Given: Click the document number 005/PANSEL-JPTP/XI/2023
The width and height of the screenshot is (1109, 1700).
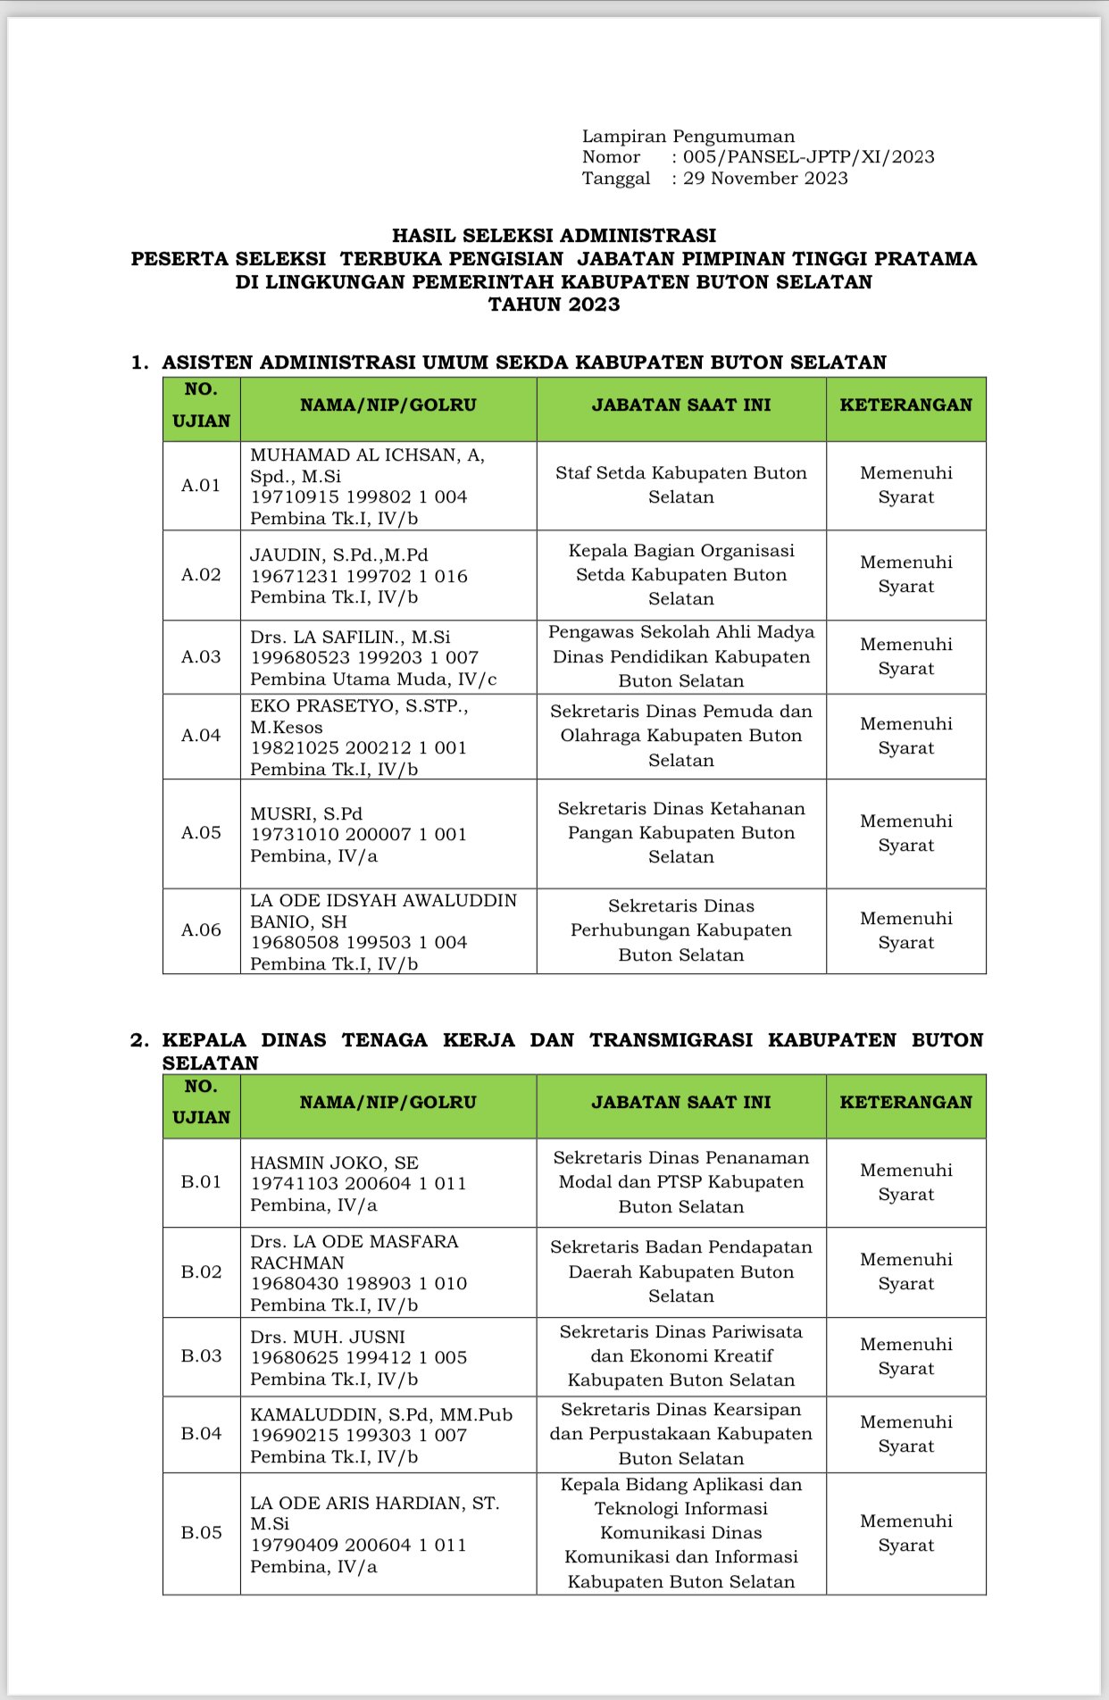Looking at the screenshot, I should [x=808, y=157].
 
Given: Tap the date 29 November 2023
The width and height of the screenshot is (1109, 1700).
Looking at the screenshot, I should [x=765, y=179].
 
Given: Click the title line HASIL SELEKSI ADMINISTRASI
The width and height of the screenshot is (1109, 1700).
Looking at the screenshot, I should [x=554, y=236].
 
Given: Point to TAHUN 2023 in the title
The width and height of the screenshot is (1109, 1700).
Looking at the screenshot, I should [x=554, y=304].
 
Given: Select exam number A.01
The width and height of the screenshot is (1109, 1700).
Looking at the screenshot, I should [x=201, y=486].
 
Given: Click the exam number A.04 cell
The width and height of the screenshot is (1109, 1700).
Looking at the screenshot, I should [x=201, y=736].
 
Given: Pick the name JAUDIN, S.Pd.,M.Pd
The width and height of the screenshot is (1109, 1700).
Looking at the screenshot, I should [x=338, y=555].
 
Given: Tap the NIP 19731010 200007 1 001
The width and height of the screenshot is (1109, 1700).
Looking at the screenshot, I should [x=358, y=835].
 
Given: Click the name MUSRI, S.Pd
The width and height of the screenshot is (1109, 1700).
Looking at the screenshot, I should [x=306, y=814].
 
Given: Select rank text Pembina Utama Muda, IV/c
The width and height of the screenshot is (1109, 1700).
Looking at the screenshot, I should [x=373, y=679].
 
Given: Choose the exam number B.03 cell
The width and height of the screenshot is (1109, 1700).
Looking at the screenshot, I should [x=201, y=1356].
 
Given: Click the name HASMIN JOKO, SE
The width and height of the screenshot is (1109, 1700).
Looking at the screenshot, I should [x=334, y=1163].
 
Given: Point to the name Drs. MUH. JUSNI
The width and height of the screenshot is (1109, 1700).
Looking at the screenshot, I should [x=328, y=1337].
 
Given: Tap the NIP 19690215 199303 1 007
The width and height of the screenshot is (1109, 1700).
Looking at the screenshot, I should [x=358, y=1436].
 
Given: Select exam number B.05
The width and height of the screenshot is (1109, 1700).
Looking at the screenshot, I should [x=201, y=1533].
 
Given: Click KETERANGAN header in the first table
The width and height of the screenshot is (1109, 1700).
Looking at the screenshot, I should [x=905, y=405].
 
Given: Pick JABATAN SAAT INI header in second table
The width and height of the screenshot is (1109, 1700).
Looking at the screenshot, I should [x=680, y=1103].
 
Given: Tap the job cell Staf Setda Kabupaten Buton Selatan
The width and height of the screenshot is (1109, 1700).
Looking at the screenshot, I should [x=680, y=485].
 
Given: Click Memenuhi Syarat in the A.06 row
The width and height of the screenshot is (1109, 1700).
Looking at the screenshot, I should [x=905, y=930].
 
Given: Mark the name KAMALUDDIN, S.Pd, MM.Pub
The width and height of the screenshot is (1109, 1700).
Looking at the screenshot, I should [x=381, y=1415].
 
